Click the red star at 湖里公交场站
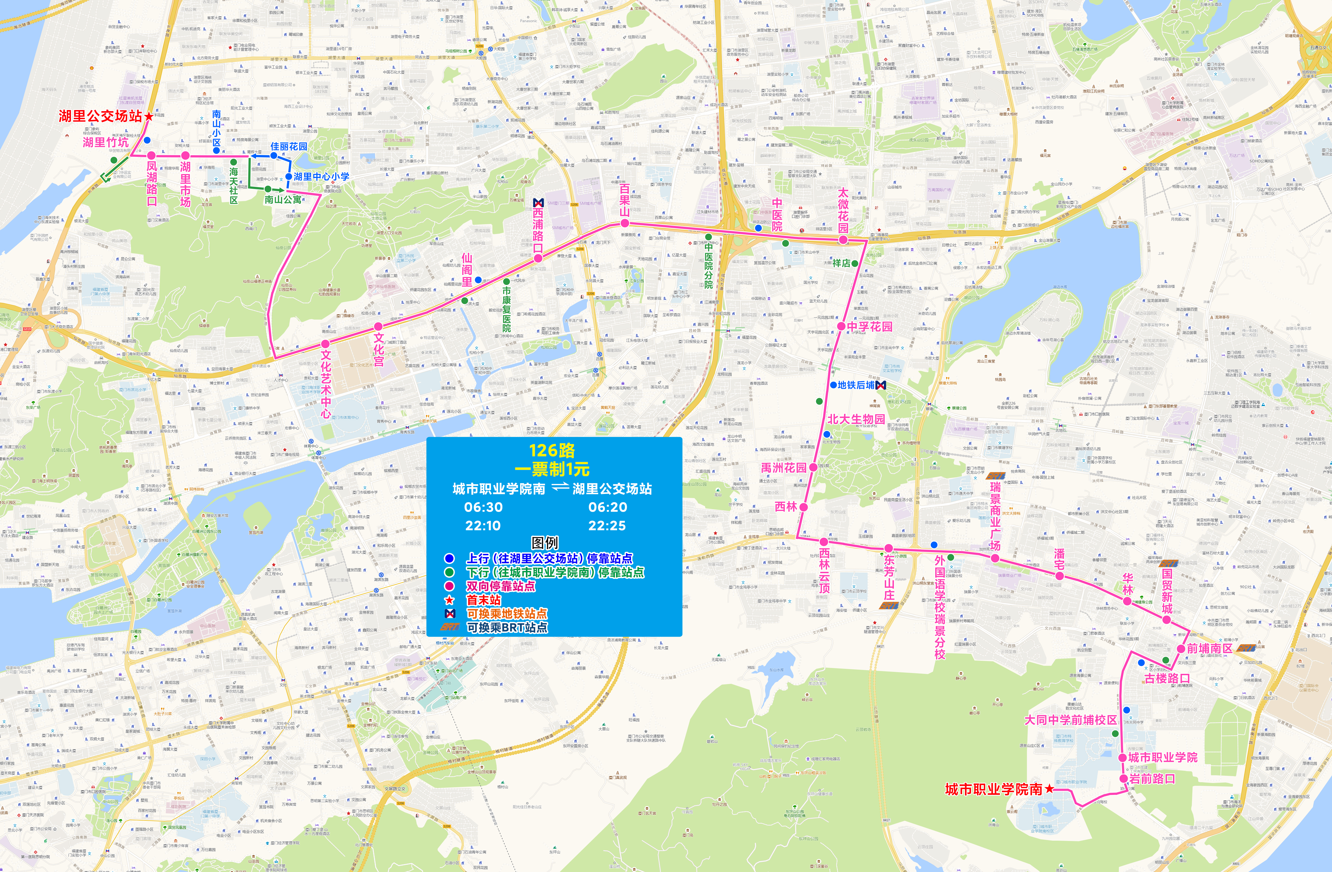(148, 116)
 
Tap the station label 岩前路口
(1152, 779)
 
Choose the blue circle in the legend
(449, 558)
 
